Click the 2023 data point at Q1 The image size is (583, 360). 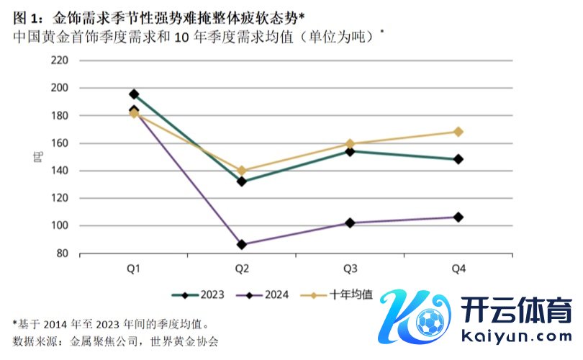tap(134, 94)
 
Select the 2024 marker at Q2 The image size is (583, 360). tap(242, 245)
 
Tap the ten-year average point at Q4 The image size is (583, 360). tap(458, 132)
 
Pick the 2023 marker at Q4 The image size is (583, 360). tap(458, 159)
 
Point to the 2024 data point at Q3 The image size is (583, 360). tap(351, 223)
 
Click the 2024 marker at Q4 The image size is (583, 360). tap(458, 217)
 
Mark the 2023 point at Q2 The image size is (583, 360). tap(242, 181)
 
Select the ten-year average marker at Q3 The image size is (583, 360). tap(351, 144)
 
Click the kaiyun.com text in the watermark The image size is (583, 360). tap(514, 336)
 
